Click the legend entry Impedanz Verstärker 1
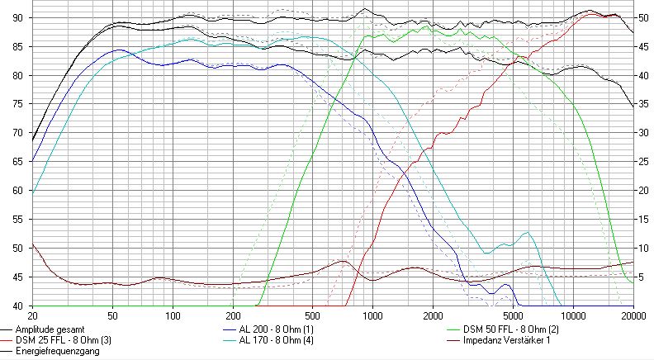[498, 339]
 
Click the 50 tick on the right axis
[642, 18]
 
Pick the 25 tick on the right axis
[642, 162]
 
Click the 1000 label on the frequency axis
[373, 315]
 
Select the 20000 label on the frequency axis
[633, 315]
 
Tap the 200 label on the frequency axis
[234, 315]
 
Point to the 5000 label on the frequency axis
[513, 315]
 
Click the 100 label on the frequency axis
[173, 315]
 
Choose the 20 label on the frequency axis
[33, 315]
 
